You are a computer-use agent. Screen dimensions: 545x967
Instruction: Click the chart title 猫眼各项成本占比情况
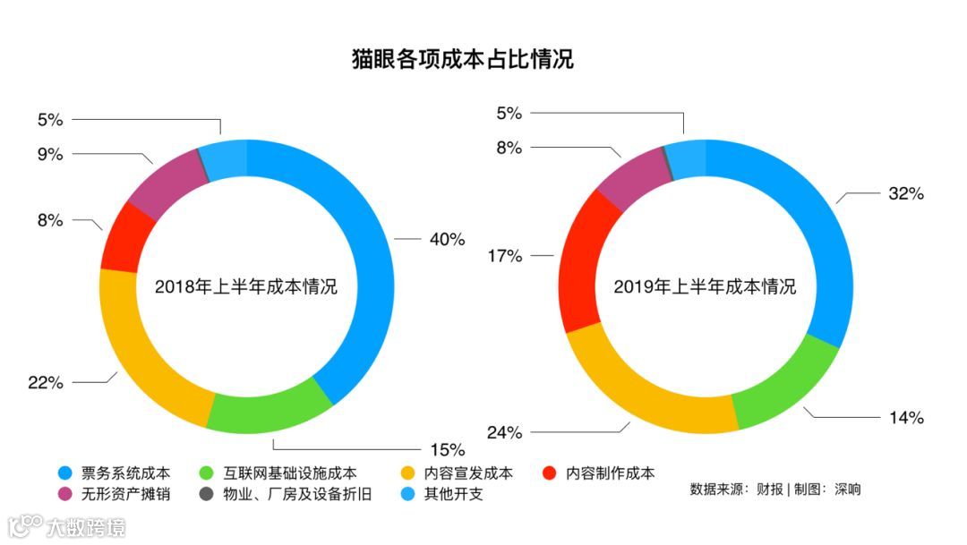click(x=462, y=60)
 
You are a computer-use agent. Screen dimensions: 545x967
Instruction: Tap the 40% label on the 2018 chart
click(x=447, y=240)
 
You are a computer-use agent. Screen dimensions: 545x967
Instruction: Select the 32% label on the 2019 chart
click(x=905, y=193)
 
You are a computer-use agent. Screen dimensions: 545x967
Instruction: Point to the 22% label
click(x=46, y=383)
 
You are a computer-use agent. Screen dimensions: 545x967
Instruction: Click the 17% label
click(x=504, y=256)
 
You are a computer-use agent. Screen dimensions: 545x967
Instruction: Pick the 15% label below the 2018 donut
click(x=447, y=448)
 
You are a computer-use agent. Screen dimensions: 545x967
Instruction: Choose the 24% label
click(x=504, y=433)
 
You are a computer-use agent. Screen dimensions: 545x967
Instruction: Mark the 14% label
click(x=905, y=417)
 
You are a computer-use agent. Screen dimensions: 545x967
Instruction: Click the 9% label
click(x=50, y=154)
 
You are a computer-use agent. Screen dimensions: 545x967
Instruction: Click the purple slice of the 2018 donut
click(x=161, y=183)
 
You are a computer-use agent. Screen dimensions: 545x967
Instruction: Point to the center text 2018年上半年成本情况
click(x=246, y=287)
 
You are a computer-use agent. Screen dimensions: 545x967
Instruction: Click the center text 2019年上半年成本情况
click(x=705, y=287)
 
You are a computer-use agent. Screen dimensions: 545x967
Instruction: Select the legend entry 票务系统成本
click(x=125, y=473)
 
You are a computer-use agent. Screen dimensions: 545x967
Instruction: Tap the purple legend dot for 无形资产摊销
click(x=64, y=494)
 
